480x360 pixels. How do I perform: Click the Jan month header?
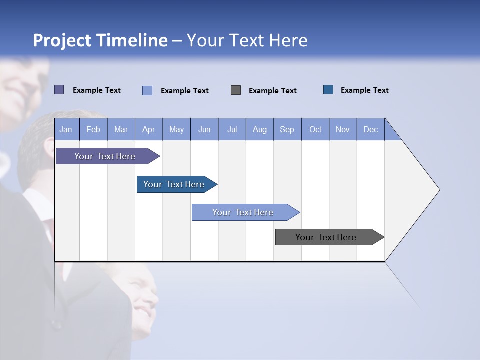click(x=66, y=129)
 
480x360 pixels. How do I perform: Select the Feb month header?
click(x=93, y=129)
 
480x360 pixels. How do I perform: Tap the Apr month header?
click(x=148, y=129)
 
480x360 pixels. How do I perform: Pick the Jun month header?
click(x=204, y=129)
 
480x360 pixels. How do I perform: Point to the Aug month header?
click(x=259, y=129)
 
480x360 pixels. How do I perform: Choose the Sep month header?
click(x=287, y=129)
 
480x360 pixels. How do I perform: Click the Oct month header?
click(x=315, y=129)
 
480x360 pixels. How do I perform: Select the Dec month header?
click(x=370, y=129)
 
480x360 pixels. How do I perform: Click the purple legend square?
click(x=59, y=90)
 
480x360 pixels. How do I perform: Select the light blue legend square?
click(x=147, y=90)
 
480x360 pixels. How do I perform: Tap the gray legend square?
click(x=236, y=90)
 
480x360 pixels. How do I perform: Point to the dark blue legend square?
click(x=328, y=90)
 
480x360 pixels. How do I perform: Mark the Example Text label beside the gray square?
click(x=272, y=90)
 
